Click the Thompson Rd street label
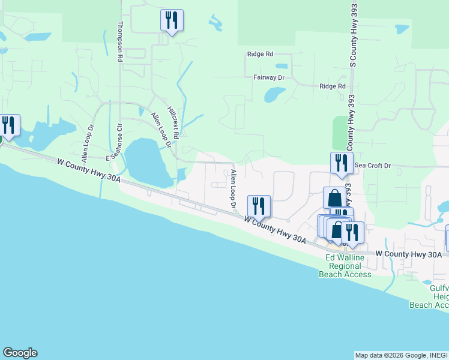pos(120,42)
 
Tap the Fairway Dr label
pos(268,77)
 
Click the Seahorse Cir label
pos(115,144)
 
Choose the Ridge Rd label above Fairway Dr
pos(261,53)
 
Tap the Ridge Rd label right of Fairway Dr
pos(333,86)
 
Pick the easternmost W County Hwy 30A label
pos(409,254)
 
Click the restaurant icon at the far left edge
pos(8,125)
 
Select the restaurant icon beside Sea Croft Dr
pos(341,163)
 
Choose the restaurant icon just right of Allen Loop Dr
pos(259,206)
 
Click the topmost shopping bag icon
pos(334,198)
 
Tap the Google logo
pos(20,353)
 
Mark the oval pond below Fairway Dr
pos(275,94)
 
